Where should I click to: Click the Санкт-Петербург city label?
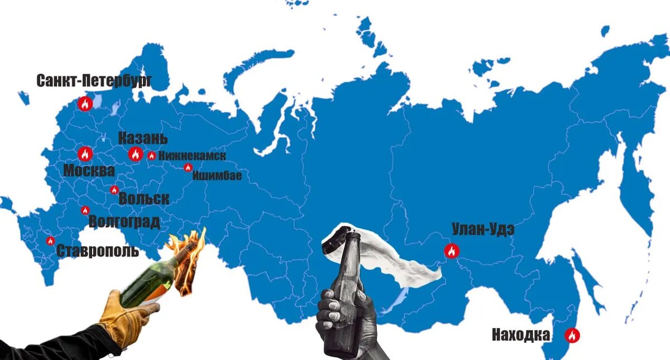tap(94, 80)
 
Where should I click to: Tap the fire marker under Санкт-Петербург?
tap(85, 103)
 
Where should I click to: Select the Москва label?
tap(89, 171)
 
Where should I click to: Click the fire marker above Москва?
tap(85, 153)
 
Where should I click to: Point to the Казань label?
tap(142, 139)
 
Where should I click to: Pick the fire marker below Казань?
tap(135, 154)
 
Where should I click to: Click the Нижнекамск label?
tap(192, 156)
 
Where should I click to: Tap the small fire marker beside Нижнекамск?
tap(151, 156)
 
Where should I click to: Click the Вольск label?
tap(143, 199)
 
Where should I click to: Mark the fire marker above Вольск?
tap(114, 190)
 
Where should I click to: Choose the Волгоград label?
tap(124, 222)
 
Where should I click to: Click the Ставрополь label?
tap(98, 251)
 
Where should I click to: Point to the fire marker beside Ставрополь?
tap(50, 241)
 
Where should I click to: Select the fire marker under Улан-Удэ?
tap(451, 251)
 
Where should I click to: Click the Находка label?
tap(521, 335)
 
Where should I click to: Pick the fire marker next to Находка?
tap(572, 335)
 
